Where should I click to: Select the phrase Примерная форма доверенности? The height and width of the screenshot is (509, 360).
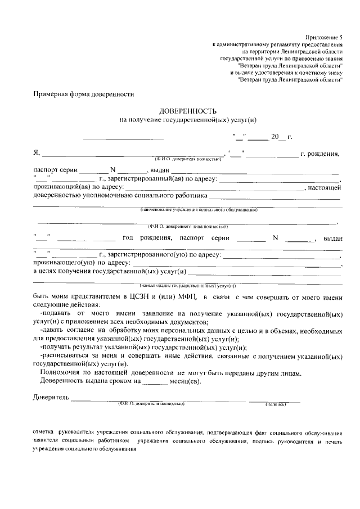pyautogui.click(x=84, y=94)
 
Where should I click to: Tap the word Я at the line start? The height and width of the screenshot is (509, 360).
pyautogui.click(x=36, y=153)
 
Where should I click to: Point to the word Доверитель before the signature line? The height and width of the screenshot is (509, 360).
pyautogui.click(x=51, y=398)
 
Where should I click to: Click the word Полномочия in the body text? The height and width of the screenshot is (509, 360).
pyautogui.click(x=60, y=373)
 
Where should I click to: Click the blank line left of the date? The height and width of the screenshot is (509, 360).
pyautogui.click(x=123, y=137)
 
